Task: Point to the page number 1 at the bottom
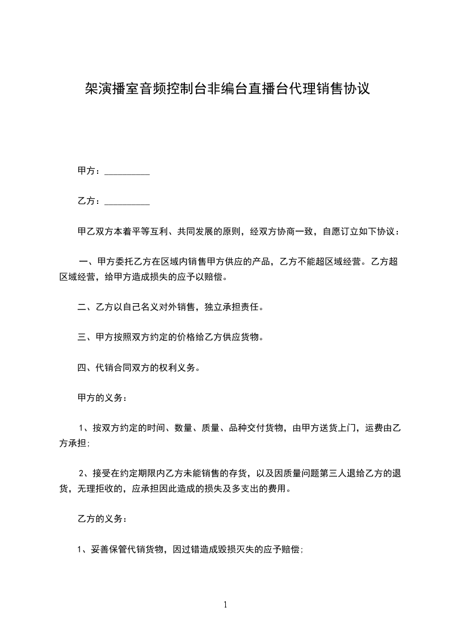click(x=225, y=605)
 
